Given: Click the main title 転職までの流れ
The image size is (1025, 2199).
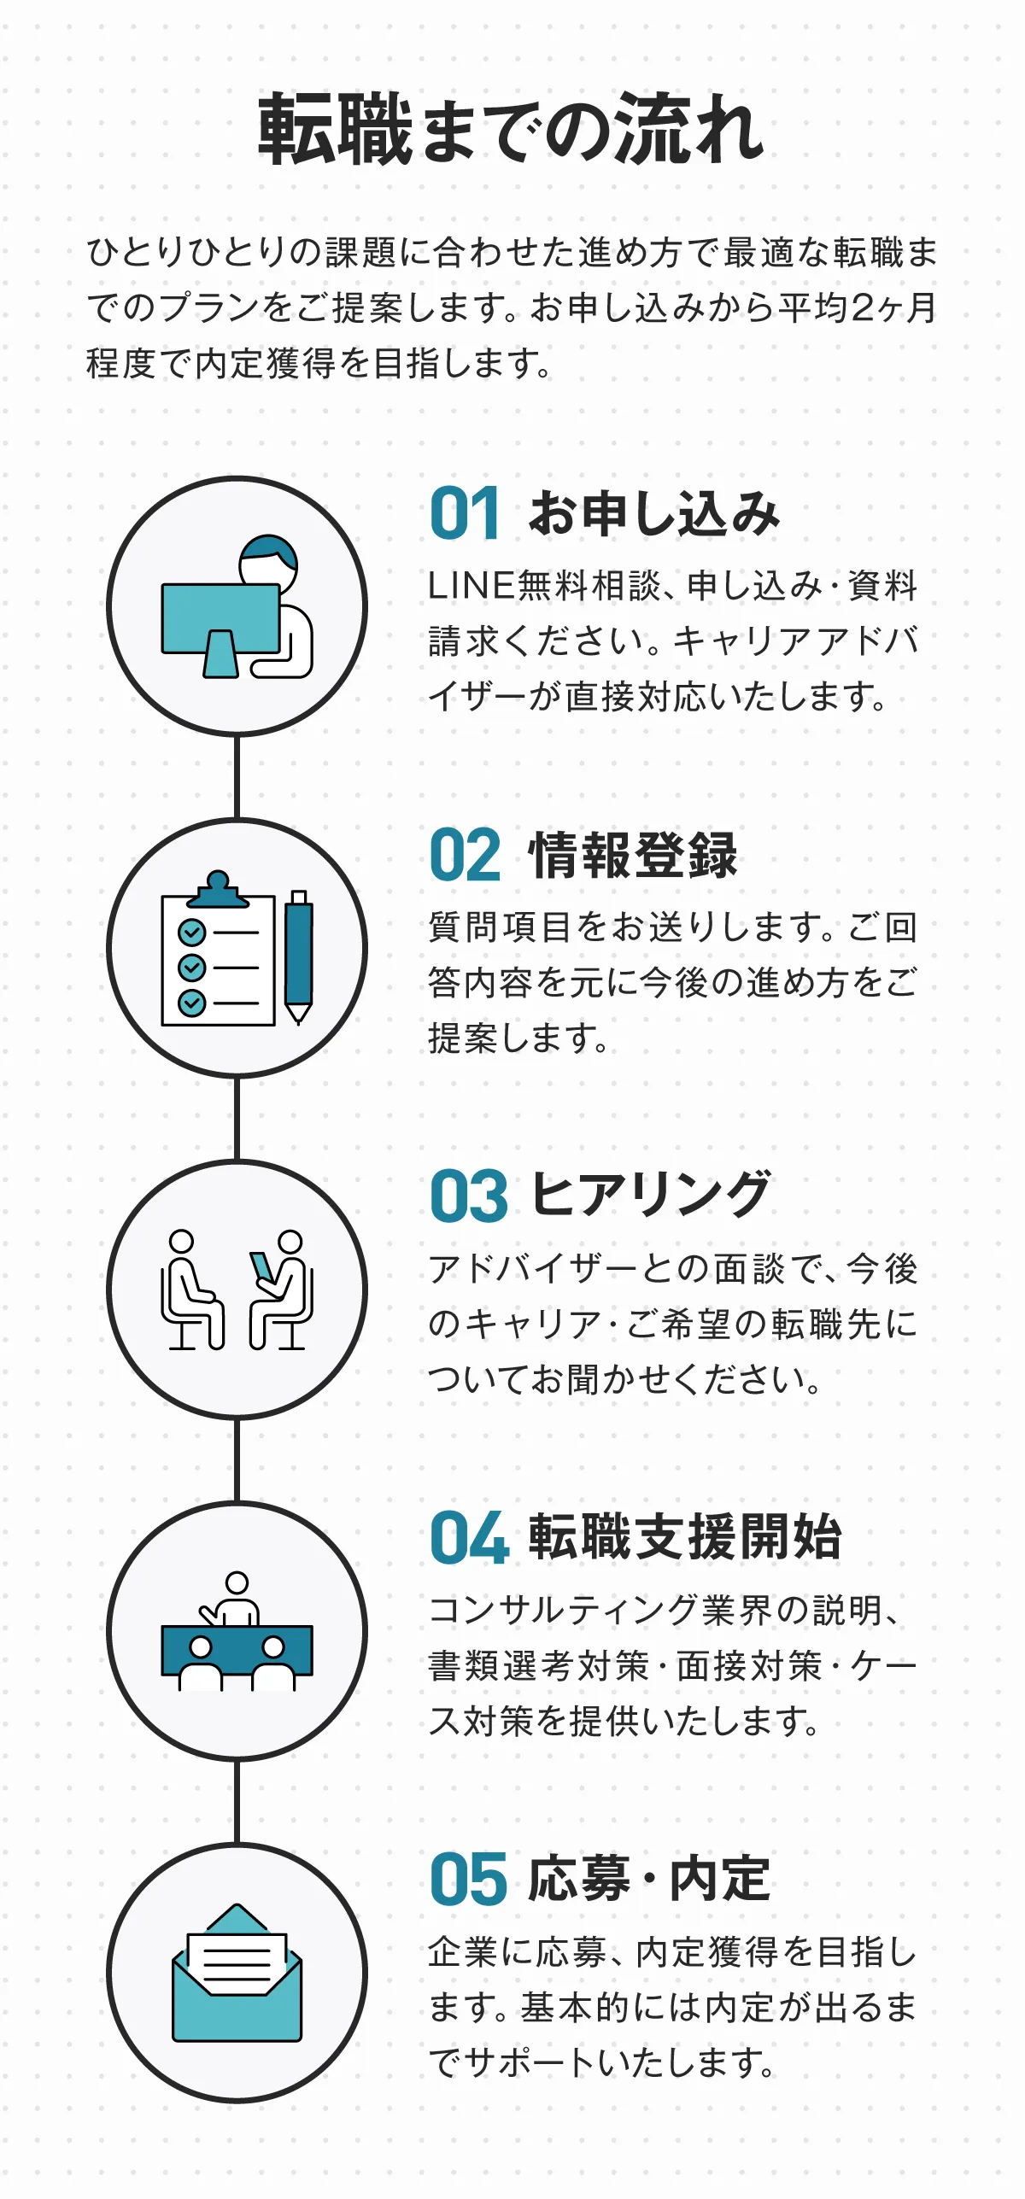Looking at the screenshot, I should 511,130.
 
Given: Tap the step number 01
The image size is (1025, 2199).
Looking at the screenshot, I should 465,513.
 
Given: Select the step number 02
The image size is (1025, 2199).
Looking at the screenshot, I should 465,855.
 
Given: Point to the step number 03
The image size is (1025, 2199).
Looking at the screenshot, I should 468,1196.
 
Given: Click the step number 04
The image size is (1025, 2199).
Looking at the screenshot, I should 469,1538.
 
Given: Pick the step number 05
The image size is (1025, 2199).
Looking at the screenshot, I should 468,1880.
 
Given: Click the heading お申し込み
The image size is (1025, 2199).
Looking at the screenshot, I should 654,514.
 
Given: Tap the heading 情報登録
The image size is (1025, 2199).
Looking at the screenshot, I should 633,855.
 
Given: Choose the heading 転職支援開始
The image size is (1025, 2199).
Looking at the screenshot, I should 685,1537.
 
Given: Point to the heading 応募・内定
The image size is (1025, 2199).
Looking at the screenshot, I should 650,1879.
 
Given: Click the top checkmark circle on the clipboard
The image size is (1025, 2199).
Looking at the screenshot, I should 191,932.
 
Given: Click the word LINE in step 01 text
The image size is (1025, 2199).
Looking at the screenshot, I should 471,587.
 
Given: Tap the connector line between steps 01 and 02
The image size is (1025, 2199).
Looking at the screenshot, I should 237,776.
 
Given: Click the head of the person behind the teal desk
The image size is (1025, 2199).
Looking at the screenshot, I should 237,1582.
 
